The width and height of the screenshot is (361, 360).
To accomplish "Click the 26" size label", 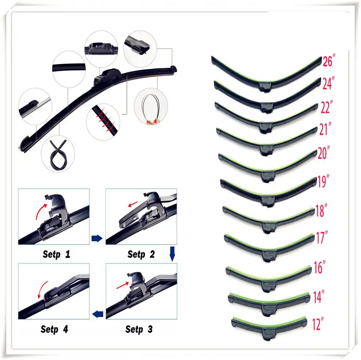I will click(328, 61).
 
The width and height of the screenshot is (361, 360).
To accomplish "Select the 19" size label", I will click(322, 182).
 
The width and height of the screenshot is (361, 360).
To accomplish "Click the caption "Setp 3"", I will click(139, 329).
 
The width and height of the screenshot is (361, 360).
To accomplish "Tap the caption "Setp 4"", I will click(54, 329).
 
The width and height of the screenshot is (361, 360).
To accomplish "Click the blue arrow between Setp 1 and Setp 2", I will click(96, 239).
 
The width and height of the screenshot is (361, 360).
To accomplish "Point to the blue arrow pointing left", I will click(97, 314).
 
